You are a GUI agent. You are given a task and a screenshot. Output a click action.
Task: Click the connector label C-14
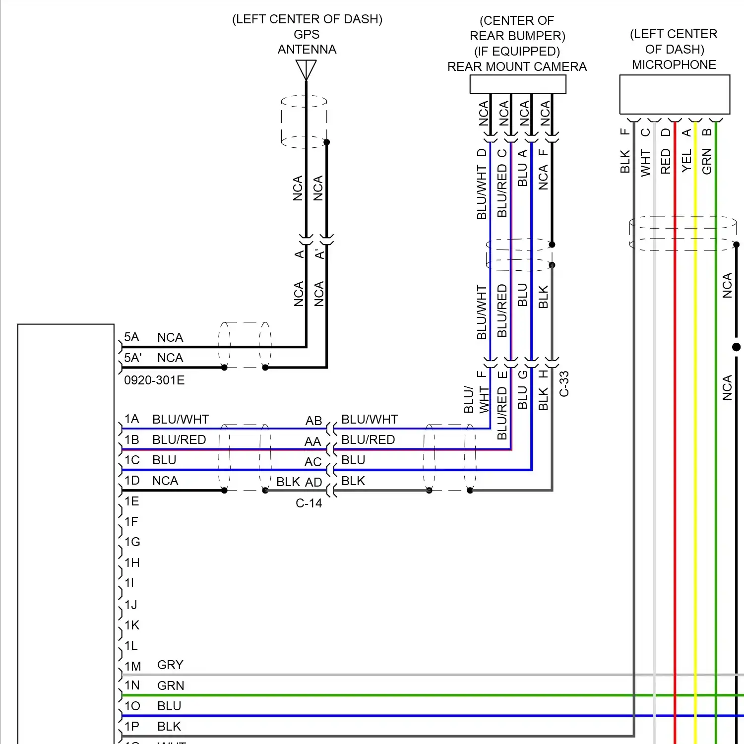tap(309, 503)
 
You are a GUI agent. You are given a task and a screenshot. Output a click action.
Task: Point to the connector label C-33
tap(564, 384)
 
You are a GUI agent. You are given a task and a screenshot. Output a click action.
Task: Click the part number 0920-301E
tap(154, 380)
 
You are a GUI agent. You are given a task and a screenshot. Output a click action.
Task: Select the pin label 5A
tap(131, 337)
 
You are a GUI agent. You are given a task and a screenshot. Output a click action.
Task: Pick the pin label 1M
tap(132, 666)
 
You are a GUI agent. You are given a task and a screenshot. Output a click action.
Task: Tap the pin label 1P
tap(131, 727)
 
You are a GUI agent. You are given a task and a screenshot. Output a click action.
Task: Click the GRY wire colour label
tap(170, 665)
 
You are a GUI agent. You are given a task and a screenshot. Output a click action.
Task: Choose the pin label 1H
tap(132, 562)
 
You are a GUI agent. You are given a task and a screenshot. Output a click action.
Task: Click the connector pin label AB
tap(313, 421)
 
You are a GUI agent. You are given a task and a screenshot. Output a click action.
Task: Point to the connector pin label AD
tap(313, 482)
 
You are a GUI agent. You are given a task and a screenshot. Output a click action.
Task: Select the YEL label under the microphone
tap(686, 161)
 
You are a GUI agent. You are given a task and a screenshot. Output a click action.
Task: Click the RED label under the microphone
tap(666, 161)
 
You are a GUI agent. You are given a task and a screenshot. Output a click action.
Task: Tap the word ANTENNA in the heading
tap(307, 49)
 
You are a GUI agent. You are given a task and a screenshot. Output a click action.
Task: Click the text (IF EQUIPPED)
tap(517, 51)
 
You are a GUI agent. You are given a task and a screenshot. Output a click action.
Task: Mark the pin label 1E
tap(131, 501)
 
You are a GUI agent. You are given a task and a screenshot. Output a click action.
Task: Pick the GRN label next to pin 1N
tap(171, 685)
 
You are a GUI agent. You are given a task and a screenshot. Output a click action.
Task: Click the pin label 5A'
tap(133, 358)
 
